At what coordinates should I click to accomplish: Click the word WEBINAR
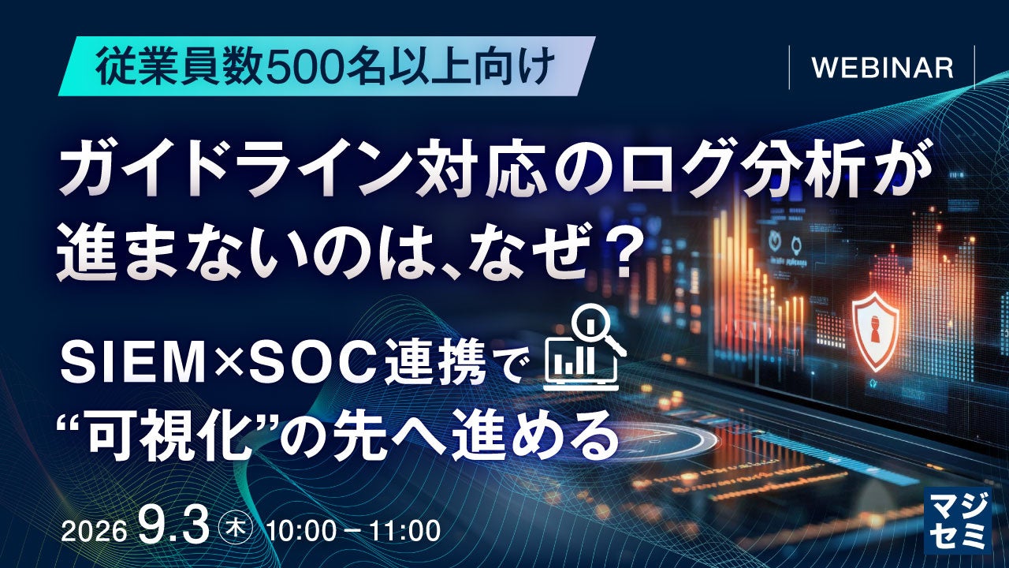[x=882, y=68]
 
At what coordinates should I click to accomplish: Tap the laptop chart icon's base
[x=581, y=386]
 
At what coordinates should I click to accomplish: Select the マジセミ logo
[x=957, y=520]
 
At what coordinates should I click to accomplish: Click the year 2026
[x=94, y=532]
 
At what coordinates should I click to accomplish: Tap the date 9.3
[x=174, y=526]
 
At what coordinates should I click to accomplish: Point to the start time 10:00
[x=301, y=531]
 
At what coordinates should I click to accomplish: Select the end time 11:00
[x=405, y=531]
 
